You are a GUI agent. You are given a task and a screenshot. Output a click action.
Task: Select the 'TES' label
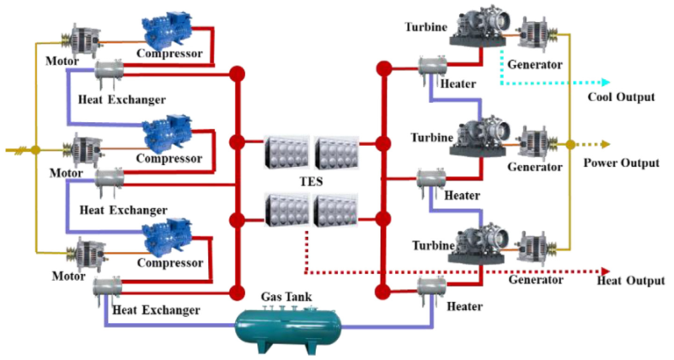coord(312,182)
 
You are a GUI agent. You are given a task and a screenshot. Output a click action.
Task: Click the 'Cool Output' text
coord(620,97)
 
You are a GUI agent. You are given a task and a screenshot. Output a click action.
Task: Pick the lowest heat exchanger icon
coord(106,290)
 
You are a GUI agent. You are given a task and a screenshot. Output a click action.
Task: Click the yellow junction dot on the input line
coord(35,150)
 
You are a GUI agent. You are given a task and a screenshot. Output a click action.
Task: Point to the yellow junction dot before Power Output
coord(570,144)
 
